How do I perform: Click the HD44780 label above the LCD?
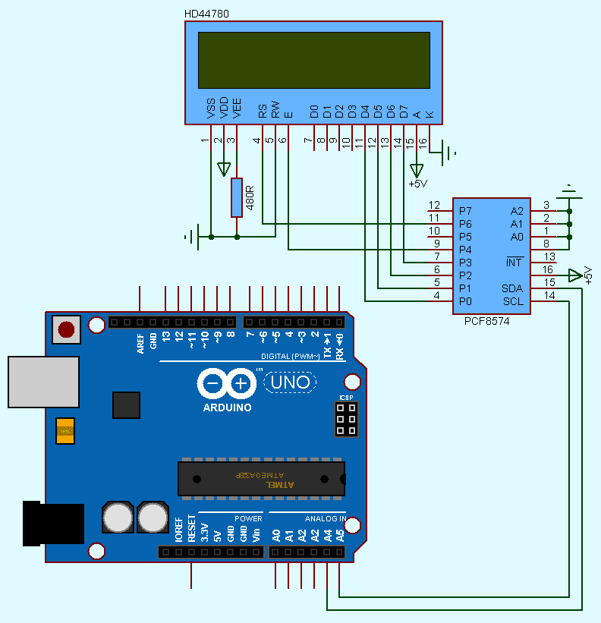coord(206,14)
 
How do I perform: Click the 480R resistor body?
coord(237,197)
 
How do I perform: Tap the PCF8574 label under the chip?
coord(486,322)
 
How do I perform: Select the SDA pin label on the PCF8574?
coord(512,289)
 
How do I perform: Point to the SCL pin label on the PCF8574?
coord(513,301)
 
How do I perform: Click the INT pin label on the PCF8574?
coord(514,263)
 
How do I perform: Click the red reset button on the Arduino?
coord(67,329)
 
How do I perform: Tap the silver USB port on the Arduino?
coord(43,382)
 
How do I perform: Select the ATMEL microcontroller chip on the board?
coord(261,479)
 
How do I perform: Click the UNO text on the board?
coord(292,382)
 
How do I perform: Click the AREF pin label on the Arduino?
coord(141,344)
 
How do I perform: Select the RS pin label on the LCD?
coord(263,111)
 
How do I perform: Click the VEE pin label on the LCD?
coord(237,109)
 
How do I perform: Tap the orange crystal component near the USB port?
coord(65,430)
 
